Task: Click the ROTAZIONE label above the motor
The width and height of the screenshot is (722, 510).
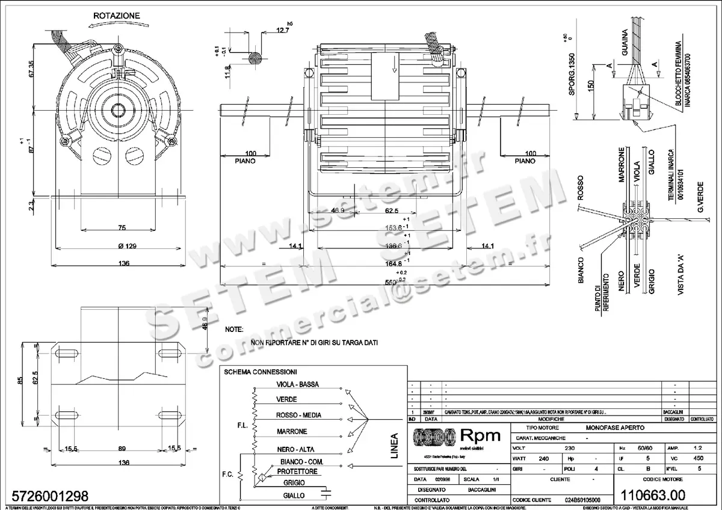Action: (x=117, y=15)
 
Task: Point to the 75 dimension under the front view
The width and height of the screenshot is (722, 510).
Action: (x=122, y=228)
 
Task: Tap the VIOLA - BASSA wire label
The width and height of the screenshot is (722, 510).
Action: (x=297, y=384)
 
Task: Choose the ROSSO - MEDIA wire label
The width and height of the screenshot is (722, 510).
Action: (x=298, y=416)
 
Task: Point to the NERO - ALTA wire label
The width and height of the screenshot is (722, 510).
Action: (x=295, y=449)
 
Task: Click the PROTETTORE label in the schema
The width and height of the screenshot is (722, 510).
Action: (x=297, y=472)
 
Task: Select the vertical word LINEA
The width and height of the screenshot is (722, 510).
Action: (x=395, y=446)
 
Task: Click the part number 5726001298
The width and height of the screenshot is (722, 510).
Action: (x=46, y=497)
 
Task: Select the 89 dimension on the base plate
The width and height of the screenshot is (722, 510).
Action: (x=122, y=449)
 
